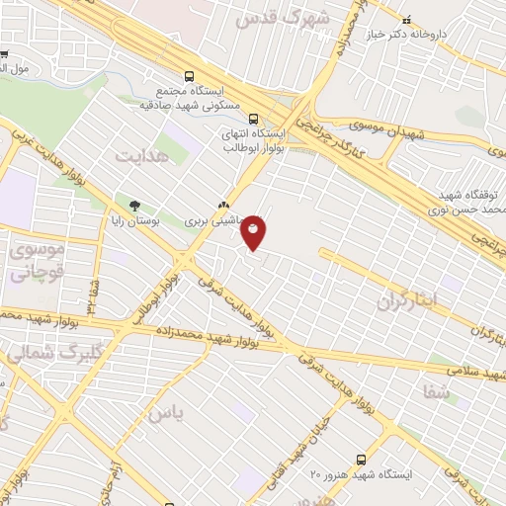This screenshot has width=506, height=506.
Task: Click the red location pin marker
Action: point(254,232)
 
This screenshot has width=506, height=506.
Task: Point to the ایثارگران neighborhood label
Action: point(415,300)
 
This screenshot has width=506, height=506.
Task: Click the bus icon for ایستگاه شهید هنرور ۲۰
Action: point(360,460)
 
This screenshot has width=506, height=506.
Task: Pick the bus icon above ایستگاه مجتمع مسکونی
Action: point(190,75)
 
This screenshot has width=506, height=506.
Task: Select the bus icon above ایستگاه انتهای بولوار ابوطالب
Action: point(255,117)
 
